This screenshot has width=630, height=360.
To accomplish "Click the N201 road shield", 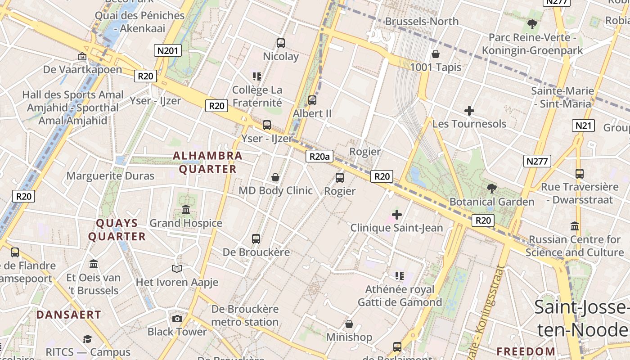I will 167,50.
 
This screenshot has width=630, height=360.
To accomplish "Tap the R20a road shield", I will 319,156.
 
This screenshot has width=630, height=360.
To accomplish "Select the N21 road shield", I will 583,126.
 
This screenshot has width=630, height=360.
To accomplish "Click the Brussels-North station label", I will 422,21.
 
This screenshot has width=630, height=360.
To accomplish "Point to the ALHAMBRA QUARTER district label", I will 208,162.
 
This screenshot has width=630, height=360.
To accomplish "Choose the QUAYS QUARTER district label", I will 117,230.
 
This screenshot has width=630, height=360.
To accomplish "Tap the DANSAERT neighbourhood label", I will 69,315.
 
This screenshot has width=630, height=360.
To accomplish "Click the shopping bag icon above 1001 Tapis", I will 436,54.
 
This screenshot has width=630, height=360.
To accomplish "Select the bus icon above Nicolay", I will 281,43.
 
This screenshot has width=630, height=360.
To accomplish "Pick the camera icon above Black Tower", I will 177,319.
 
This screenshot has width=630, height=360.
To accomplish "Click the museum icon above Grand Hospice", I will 186,210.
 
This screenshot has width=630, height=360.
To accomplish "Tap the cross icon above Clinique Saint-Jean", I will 396,215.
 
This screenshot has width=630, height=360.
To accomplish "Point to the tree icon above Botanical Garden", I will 492,189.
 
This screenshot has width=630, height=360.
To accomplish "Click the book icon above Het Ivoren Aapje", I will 177,269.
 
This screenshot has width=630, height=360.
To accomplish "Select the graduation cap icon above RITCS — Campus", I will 88,339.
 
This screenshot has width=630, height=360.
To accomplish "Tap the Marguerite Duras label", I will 110,176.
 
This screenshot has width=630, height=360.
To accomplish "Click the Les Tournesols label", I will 469,124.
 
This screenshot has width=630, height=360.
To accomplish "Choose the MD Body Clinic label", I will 275,190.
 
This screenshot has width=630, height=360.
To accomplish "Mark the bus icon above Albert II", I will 312,100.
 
